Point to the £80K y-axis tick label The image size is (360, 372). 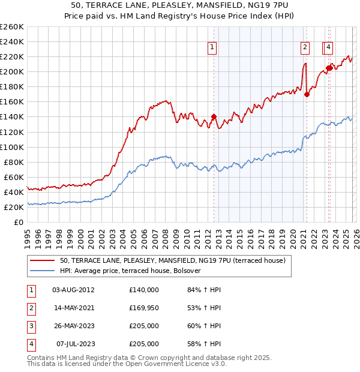(13, 162)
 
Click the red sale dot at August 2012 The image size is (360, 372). (214, 117)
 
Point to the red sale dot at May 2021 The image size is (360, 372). (307, 94)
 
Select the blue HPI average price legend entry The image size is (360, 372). (130, 271)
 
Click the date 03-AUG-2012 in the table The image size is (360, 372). (73, 290)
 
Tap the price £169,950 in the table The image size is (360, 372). (144, 308)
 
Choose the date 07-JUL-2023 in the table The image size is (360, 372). (76, 344)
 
